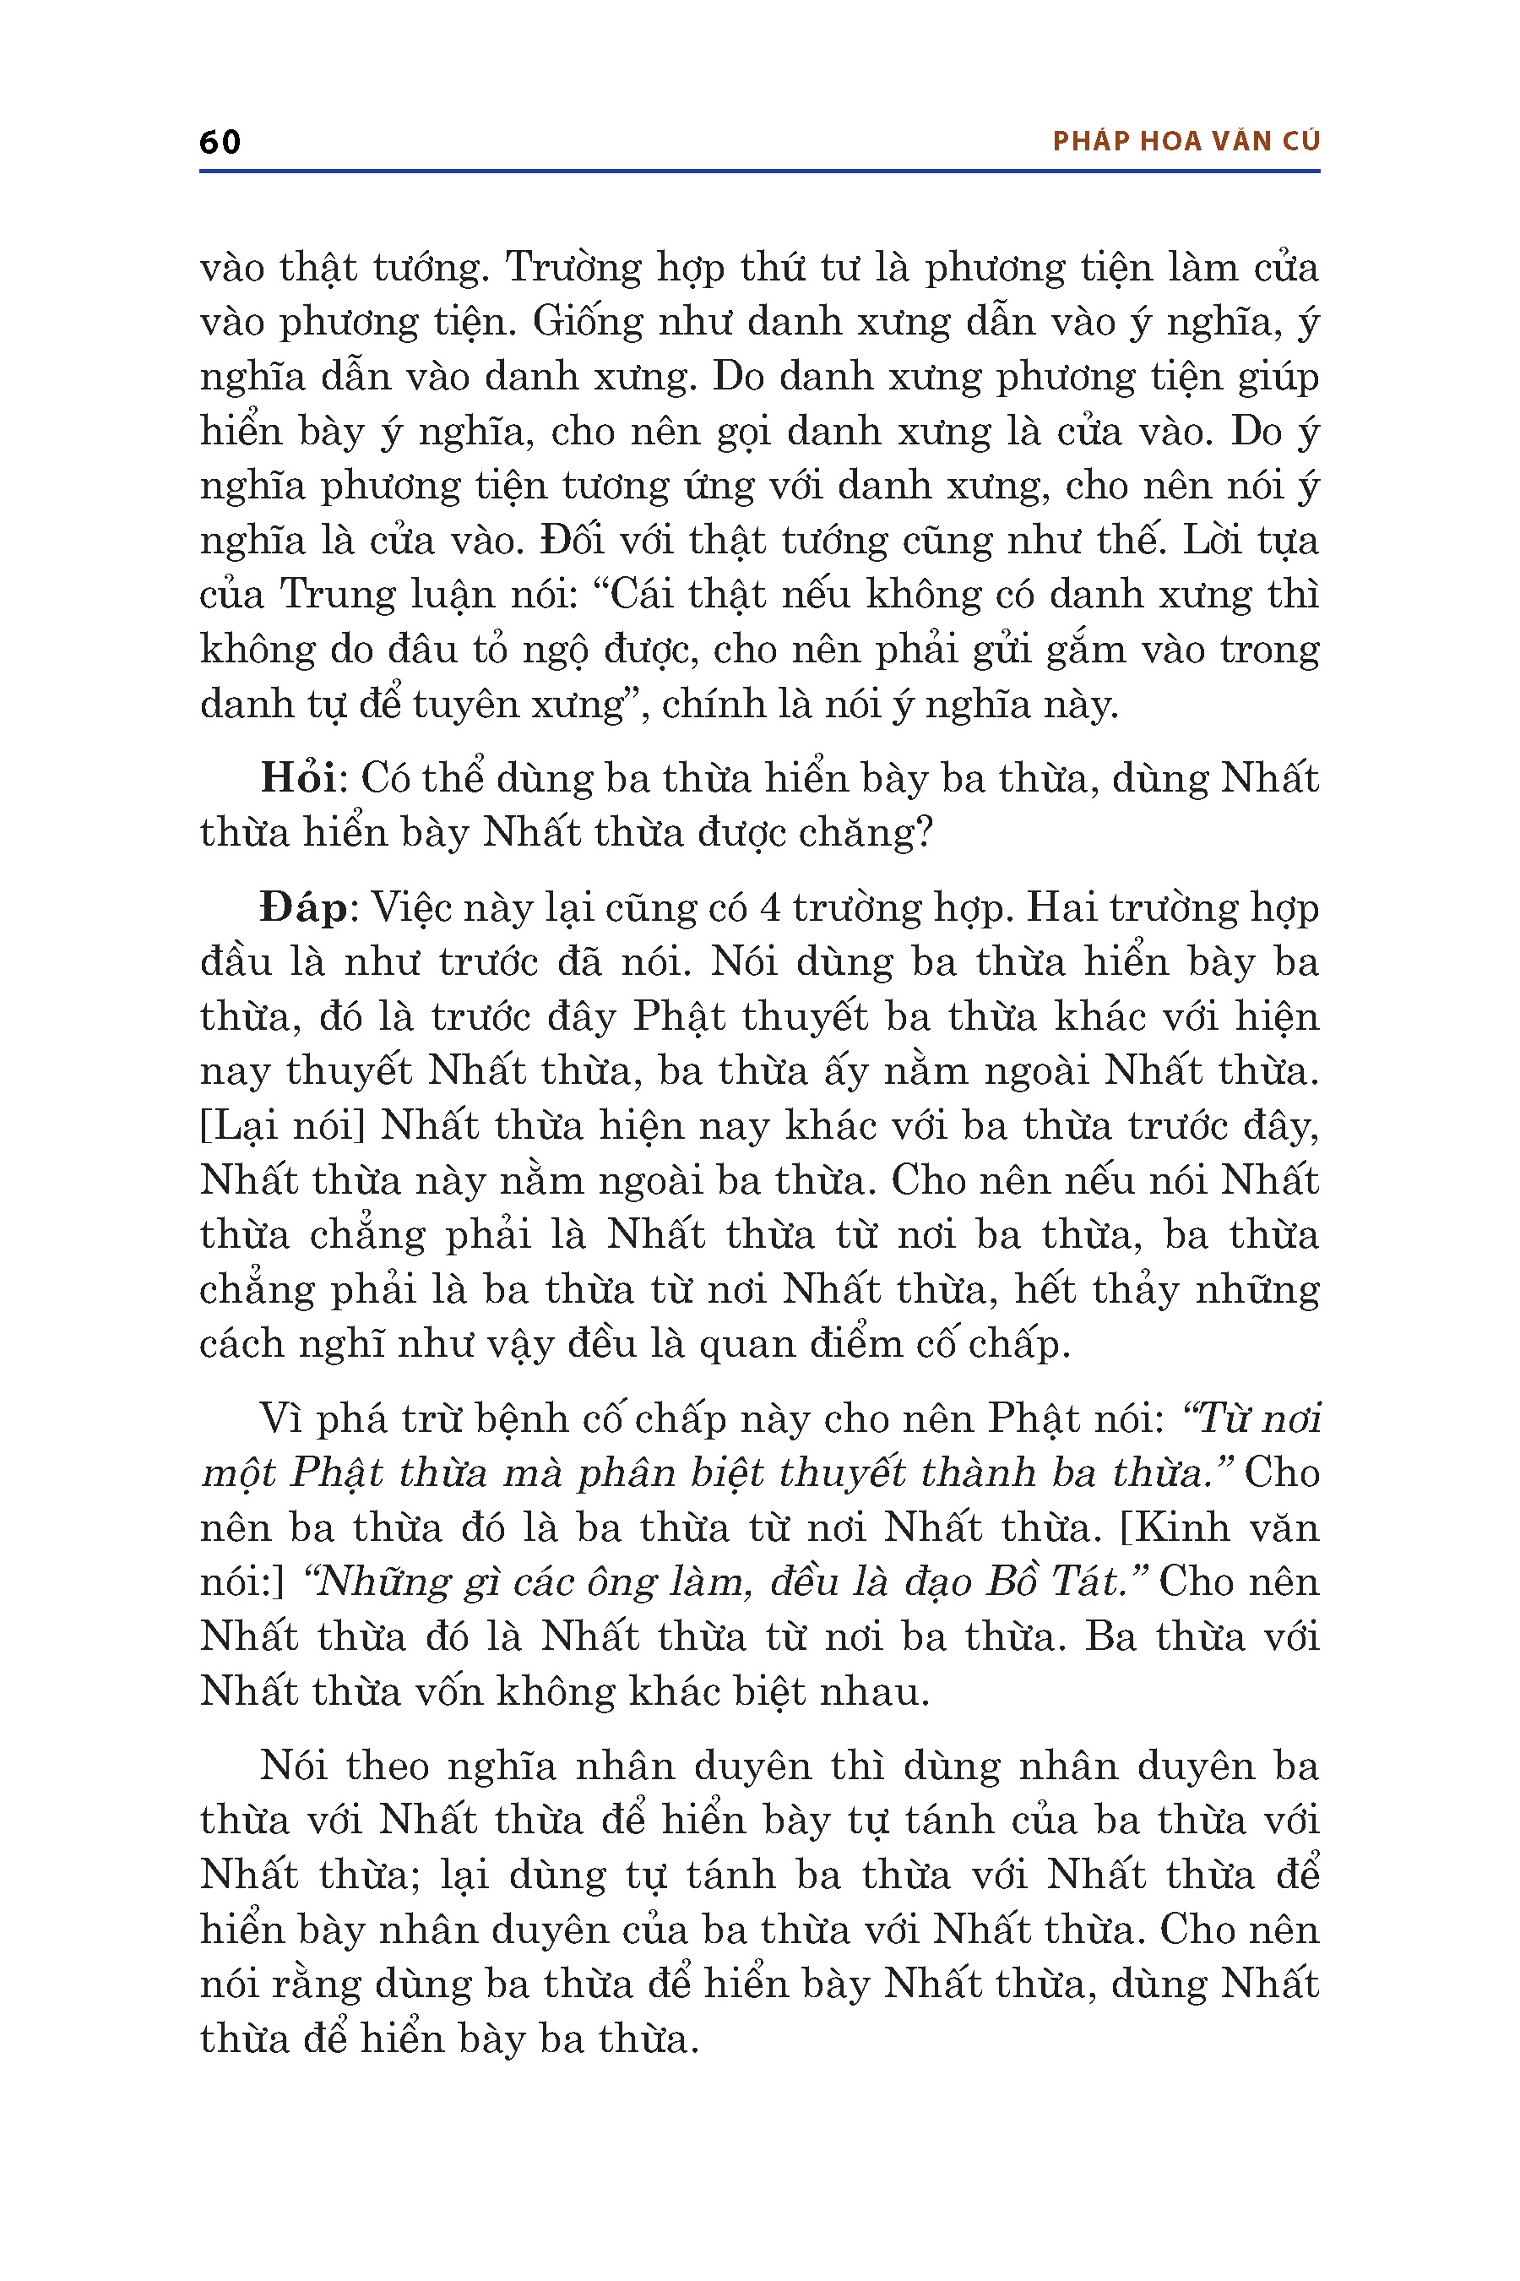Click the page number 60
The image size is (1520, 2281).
click(220, 142)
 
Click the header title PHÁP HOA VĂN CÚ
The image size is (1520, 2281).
click(1186, 142)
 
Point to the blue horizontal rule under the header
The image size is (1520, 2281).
click(759, 171)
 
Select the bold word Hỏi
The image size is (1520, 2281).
click(297, 779)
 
